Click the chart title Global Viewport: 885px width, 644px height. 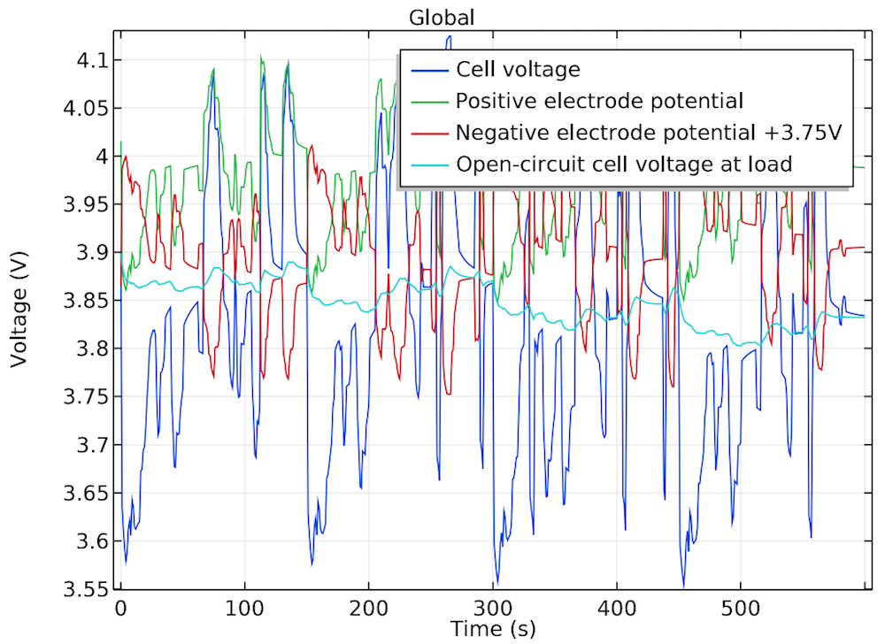pyautogui.click(x=442, y=17)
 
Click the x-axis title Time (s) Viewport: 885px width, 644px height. pyautogui.click(x=492, y=629)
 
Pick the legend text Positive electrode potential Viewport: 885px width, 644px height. pyautogui.click(x=599, y=101)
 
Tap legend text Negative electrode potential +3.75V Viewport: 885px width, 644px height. pyautogui.click(x=647, y=133)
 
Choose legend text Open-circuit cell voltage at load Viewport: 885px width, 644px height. pyautogui.click(x=623, y=164)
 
